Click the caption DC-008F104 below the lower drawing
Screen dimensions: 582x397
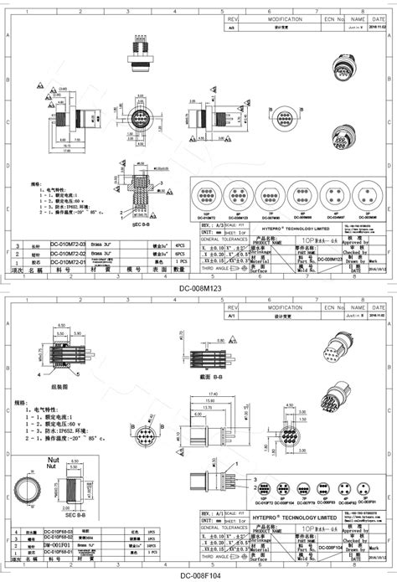coord(198,575)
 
